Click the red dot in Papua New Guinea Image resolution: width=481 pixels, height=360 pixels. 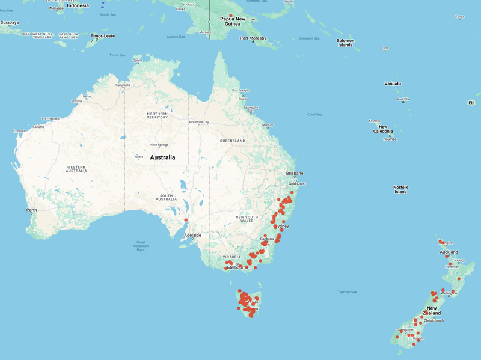coord(231,16)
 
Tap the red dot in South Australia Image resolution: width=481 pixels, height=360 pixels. coord(186,221)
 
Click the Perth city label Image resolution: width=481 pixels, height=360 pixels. coord(32,210)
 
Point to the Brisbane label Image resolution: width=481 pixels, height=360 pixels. coord(295,174)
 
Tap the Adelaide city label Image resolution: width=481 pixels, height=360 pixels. coord(193,235)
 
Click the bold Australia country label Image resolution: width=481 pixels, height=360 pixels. coord(162,157)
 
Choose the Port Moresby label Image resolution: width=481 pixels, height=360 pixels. coord(253,38)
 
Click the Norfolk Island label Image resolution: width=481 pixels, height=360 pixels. coord(400,189)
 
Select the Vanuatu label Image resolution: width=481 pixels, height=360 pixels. coord(393,84)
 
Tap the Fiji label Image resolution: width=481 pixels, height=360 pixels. coord(471,103)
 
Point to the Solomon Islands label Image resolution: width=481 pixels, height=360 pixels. coord(345,43)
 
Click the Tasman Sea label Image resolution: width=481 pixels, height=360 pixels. coord(347,292)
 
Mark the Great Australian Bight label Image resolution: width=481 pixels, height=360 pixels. coord(140,245)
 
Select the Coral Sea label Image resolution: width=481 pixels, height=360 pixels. coord(314,114)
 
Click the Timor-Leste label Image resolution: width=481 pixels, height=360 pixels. coord(102,36)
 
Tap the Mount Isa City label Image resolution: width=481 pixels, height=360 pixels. coord(199,122)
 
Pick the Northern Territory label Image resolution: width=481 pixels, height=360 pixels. coord(158,115)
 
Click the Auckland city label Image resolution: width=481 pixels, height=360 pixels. coord(449,252)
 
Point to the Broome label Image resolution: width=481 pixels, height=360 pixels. coord(76,101)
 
